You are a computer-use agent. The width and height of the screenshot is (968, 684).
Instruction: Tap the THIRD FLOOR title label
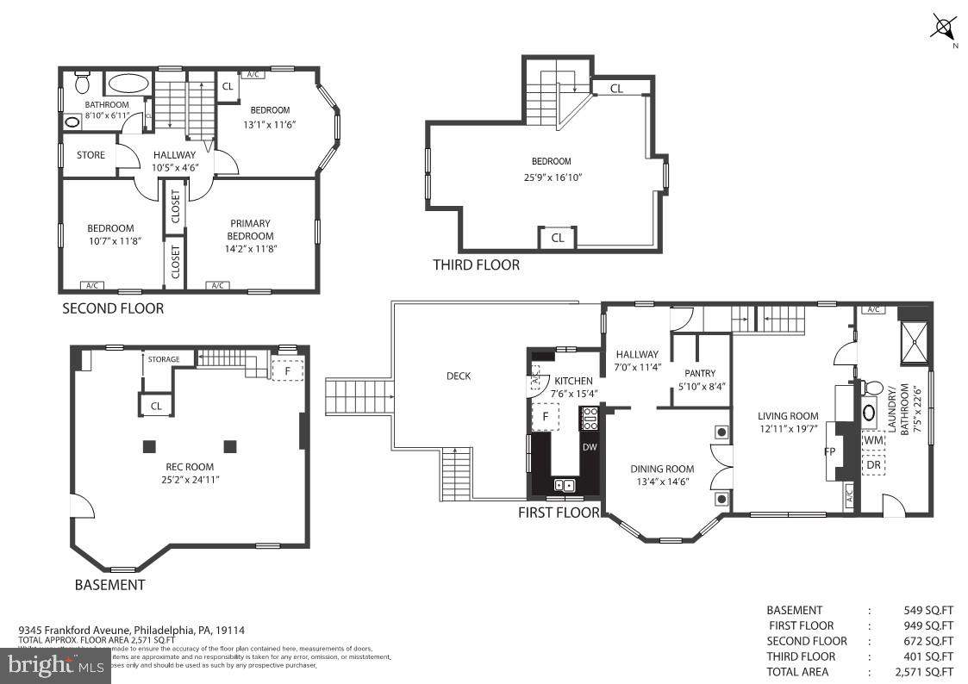click(x=476, y=265)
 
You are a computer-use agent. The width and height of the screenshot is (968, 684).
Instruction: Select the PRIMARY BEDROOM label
click(x=250, y=230)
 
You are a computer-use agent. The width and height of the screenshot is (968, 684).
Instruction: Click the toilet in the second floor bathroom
click(x=83, y=83)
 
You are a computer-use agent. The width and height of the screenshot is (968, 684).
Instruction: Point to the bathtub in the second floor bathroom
click(x=128, y=84)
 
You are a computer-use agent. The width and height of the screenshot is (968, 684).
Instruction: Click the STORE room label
click(x=91, y=155)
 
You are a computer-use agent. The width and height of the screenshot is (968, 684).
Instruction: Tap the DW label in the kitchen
click(x=589, y=447)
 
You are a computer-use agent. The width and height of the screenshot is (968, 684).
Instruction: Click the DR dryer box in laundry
click(x=873, y=464)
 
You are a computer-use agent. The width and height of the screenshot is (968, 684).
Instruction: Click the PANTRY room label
click(x=700, y=373)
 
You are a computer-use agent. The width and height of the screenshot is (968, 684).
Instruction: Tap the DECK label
click(x=459, y=376)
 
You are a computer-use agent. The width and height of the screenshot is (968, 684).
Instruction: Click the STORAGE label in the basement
click(x=164, y=359)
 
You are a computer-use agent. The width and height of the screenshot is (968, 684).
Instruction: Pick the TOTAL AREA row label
click(x=797, y=672)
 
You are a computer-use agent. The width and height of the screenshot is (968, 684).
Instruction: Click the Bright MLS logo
click(x=54, y=665)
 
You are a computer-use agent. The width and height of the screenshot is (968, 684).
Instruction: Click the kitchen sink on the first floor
click(x=564, y=485)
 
